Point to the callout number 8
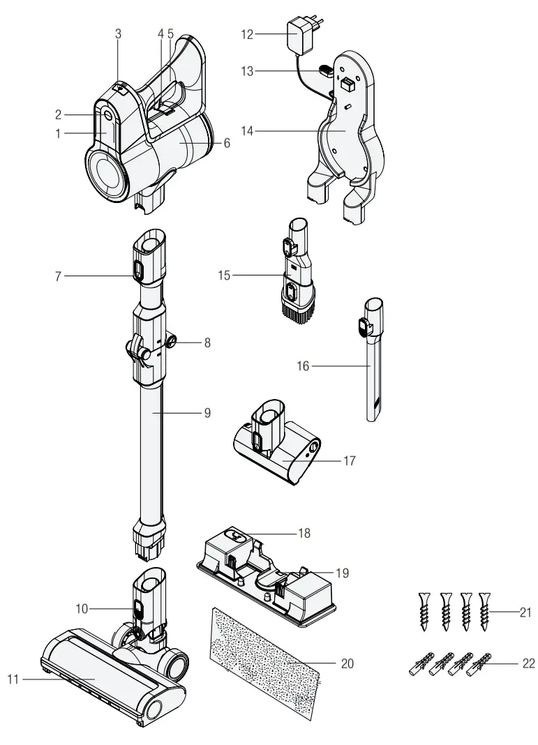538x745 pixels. tap(206, 343)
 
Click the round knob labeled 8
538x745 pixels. tap(171, 343)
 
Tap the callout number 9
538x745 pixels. tap(207, 412)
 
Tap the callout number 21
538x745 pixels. tap(525, 612)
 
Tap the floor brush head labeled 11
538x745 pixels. tap(105, 670)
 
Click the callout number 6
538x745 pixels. tap(226, 142)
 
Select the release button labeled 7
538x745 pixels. tap(136, 268)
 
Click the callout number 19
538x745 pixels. tap(341, 573)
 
